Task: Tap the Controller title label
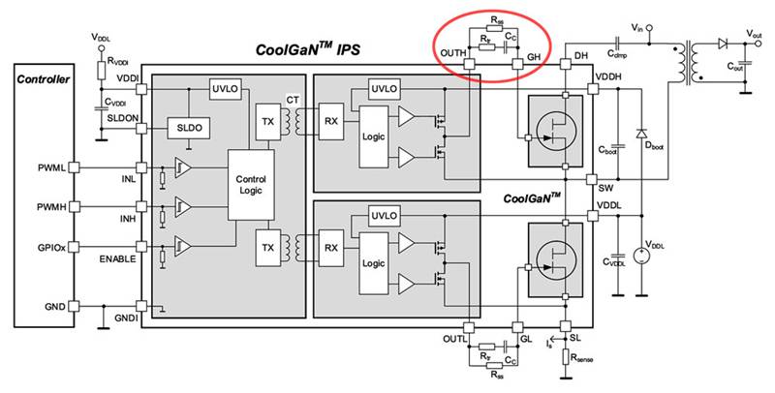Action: tap(43, 78)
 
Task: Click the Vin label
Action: tap(635, 29)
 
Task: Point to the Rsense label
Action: tap(586, 358)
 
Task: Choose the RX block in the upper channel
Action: tap(330, 121)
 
